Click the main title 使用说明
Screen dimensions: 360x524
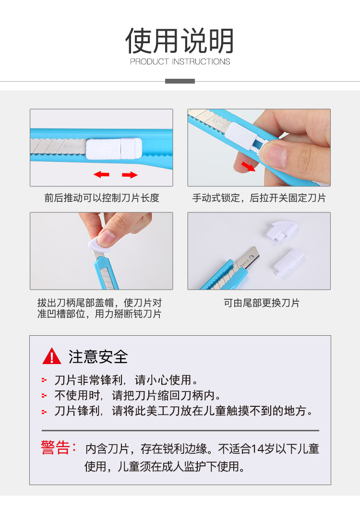pyautogui.click(x=180, y=41)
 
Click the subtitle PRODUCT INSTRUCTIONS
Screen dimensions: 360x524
pyautogui.click(x=180, y=61)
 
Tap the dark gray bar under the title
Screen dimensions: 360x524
pyautogui.click(x=180, y=81)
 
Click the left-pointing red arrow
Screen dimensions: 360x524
pyautogui.click(x=102, y=174)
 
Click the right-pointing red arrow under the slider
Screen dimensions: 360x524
pyautogui.click(x=130, y=174)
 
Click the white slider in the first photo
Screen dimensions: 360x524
pyautogui.click(x=114, y=148)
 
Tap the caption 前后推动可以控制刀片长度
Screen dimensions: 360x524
pyautogui.click(x=102, y=198)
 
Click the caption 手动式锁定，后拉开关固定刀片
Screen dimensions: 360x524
pyautogui.click(x=259, y=198)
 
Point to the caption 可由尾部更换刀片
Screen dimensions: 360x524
pyautogui.click(x=262, y=303)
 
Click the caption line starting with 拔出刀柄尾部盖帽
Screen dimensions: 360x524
pyautogui.click(x=99, y=303)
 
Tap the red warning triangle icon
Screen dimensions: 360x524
pyautogui.click(x=52, y=356)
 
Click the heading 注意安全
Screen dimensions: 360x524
pyautogui.click(x=98, y=356)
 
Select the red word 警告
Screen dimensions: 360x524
pyautogui.click(x=55, y=448)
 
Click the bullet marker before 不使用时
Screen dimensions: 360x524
pyautogui.click(x=44, y=396)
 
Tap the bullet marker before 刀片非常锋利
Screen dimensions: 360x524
pyautogui.click(x=44, y=380)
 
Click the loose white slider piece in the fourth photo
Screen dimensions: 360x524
pyautogui.click(x=288, y=261)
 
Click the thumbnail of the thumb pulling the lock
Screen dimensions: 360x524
pyautogui.click(x=259, y=147)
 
